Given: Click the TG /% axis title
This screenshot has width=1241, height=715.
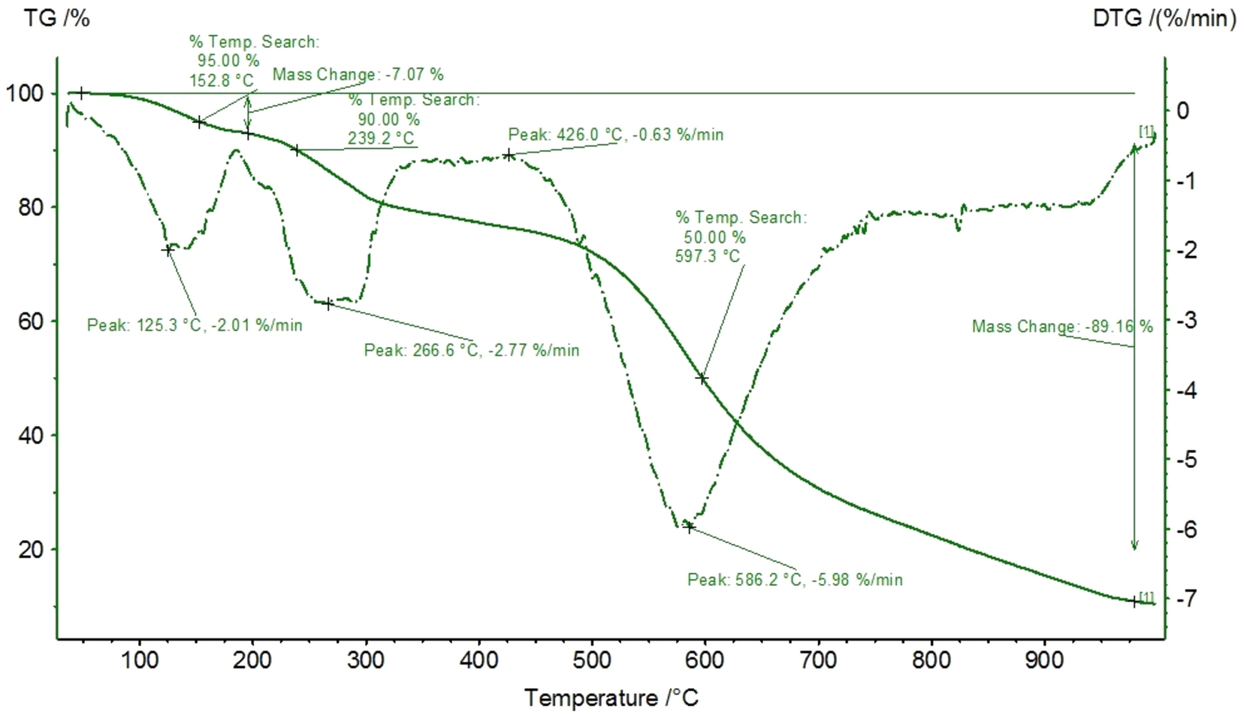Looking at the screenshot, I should click(x=56, y=18).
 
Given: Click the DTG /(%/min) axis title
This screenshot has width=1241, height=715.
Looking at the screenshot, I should click(x=1164, y=18).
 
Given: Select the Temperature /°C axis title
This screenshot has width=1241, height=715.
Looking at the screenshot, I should click(x=611, y=698).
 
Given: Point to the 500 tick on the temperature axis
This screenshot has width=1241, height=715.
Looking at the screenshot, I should click(x=592, y=660).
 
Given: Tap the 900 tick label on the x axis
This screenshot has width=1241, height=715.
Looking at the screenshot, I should click(x=1045, y=660).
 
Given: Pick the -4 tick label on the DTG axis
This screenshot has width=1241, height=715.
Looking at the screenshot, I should click(x=1186, y=390).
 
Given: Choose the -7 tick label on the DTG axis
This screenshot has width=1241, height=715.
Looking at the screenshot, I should click(x=1186, y=599).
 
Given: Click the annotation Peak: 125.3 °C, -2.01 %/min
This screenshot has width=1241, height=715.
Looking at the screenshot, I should click(x=195, y=325).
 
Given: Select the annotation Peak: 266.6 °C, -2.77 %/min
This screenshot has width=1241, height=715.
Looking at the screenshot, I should click(x=472, y=350).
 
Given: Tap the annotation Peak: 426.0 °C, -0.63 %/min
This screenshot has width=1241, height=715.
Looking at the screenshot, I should click(x=616, y=134).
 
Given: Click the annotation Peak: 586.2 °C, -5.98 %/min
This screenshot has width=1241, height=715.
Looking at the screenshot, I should click(x=795, y=580).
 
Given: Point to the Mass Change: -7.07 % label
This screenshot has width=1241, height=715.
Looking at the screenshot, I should click(x=358, y=74).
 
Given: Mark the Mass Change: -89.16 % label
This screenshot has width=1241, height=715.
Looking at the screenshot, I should click(x=1062, y=326).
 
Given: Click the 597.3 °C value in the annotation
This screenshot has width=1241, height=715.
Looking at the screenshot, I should click(x=708, y=257).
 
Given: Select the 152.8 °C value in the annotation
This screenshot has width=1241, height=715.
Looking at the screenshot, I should click(x=222, y=80).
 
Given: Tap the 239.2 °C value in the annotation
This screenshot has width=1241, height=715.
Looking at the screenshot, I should click(x=381, y=139).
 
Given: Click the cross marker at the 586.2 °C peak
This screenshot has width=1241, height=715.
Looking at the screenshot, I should click(x=689, y=527).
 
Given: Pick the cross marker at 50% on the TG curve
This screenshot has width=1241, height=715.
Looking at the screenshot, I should click(x=702, y=379).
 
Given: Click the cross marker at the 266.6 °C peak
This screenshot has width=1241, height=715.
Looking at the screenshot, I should click(x=328, y=303).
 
